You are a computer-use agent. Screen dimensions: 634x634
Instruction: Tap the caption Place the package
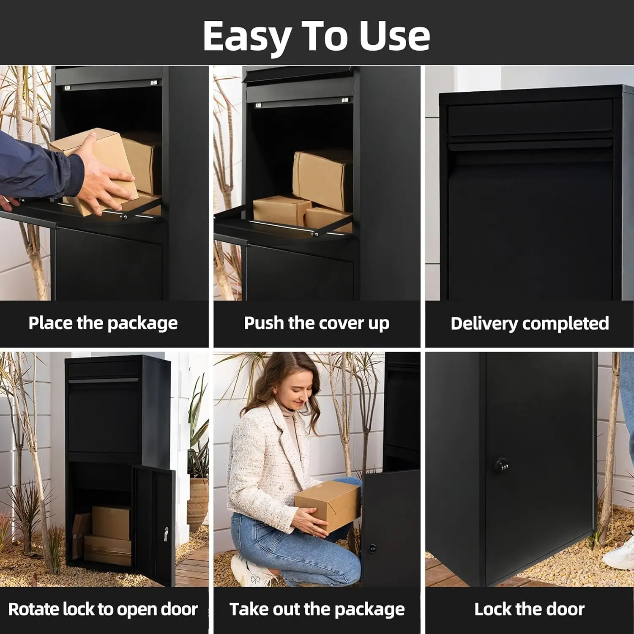coord(103,323)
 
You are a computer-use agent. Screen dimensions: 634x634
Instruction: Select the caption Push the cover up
coord(317,323)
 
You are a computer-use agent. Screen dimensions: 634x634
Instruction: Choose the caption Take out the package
coord(317,609)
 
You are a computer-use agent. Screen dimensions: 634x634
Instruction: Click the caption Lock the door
coord(529,609)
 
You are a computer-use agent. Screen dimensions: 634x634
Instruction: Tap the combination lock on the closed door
coord(502,465)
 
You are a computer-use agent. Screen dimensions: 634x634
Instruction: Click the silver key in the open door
coord(166,534)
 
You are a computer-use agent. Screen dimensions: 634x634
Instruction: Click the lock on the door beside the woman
coord(372,549)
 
